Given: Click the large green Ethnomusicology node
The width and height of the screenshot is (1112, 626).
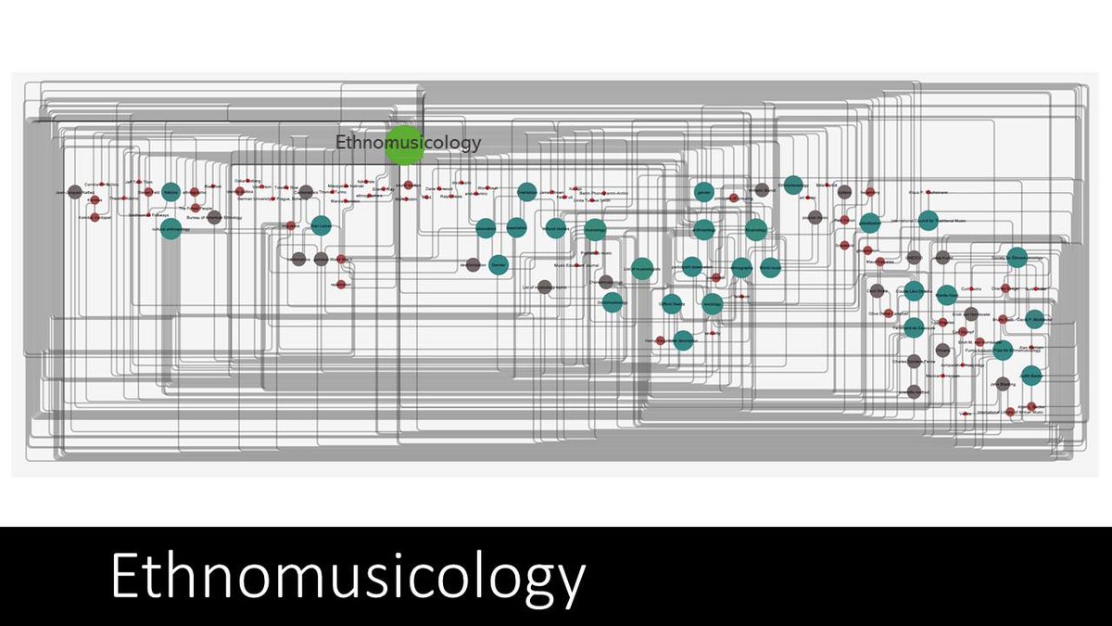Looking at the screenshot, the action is pos(404,144).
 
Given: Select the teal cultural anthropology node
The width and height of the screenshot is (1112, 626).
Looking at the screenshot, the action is pos(170,229).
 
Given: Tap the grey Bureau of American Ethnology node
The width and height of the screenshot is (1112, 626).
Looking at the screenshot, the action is pos(214,217).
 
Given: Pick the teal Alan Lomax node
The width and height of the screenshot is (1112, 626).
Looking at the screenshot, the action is pos(321,226).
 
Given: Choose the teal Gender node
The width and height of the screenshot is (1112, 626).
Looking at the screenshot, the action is pos(499,264).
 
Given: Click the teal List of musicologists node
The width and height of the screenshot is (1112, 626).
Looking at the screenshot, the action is pos(641,268).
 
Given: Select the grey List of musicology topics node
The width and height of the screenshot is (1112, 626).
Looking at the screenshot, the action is pos(545,288).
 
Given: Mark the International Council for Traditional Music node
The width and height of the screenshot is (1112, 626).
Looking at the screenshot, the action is pos(869,223).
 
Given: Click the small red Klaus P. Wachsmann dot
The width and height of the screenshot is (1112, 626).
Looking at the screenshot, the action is pos(868,192).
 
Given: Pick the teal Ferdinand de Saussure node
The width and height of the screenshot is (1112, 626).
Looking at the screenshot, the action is pos(914,326).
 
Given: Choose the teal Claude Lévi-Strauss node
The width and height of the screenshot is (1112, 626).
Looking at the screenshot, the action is pos(914,290).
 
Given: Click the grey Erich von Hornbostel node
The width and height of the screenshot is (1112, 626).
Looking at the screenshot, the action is pos(971,314).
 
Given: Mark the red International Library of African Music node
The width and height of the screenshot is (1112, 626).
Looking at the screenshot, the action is pos(1010,412).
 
